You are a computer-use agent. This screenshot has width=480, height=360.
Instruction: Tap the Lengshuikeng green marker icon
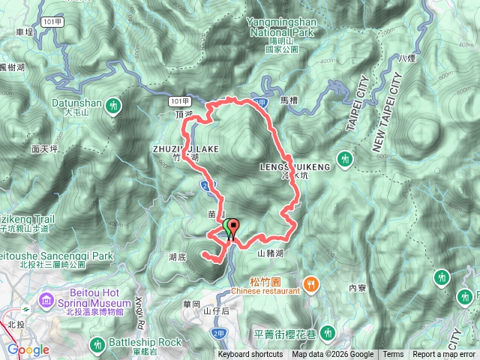point(345,158)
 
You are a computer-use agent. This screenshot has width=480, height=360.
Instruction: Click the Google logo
point(28,350)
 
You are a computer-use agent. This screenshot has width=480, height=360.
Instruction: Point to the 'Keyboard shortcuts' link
point(250,355)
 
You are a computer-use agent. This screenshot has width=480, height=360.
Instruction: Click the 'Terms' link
point(393,355)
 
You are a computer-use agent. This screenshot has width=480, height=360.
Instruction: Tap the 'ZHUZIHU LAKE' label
point(184,149)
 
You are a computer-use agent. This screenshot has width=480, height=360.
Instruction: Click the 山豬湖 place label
point(271,253)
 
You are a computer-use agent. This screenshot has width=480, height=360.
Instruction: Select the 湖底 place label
point(178,256)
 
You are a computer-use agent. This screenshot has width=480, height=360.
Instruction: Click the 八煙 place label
point(407,58)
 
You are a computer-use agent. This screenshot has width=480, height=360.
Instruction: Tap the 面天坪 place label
point(45,150)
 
